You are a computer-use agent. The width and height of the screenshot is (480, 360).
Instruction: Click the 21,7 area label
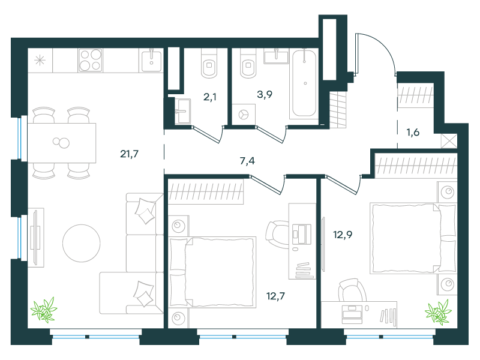click(x=129, y=154)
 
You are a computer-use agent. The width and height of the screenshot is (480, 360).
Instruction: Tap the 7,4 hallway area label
click(x=247, y=161)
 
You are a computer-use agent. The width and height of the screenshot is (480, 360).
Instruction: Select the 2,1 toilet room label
click(x=209, y=97)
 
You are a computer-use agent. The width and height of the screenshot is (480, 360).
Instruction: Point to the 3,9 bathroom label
click(x=265, y=94)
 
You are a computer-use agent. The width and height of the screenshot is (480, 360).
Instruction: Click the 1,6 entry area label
click(x=413, y=132)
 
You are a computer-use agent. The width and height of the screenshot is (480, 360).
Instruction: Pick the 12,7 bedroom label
click(x=275, y=296)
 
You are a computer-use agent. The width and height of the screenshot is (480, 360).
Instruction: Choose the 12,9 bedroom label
click(x=343, y=235)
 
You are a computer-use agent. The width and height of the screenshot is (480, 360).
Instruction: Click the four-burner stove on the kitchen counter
click(x=91, y=61)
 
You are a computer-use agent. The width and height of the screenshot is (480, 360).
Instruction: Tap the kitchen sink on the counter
click(x=151, y=61)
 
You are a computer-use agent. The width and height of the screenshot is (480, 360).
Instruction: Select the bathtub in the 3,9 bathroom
click(x=304, y=83)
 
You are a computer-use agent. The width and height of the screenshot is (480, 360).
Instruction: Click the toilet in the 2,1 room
click(x=209, y=64)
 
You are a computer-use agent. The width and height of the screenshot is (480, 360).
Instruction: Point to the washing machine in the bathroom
click(x=244, y=115)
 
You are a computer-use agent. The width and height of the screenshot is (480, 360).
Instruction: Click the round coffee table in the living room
click(x=82, y=243)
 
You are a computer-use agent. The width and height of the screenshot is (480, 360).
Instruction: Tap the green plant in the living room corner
click(x=44, y=310)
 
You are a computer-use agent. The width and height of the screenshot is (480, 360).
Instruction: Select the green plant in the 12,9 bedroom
click(x=439, y=312)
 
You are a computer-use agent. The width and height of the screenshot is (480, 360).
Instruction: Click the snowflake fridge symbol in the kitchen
click(x=40, y=61)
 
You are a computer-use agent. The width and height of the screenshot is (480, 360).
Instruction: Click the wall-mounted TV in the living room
click(x=36, y=238)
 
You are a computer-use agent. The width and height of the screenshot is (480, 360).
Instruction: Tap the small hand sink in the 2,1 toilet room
click(x=182, y=111)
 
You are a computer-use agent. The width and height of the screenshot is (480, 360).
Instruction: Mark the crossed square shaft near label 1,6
click(x=449, y=141)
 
